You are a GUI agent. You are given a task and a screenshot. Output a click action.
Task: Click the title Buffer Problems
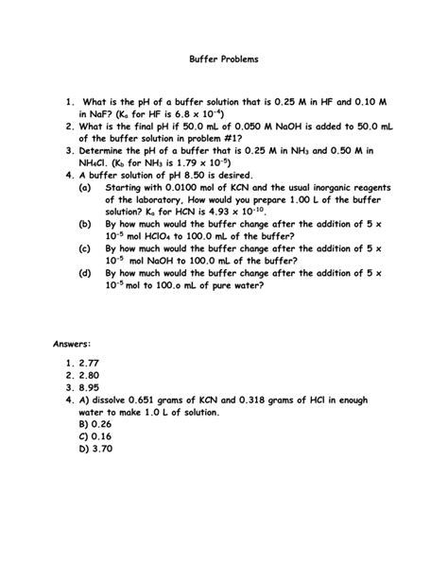pos(223,59)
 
